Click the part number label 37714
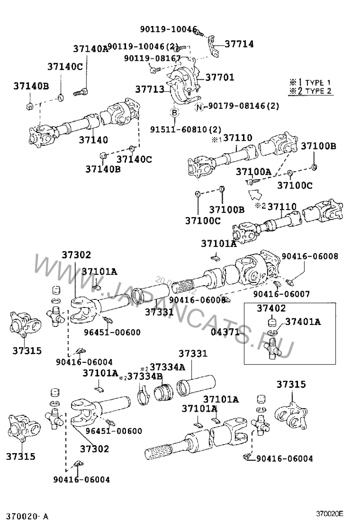239,44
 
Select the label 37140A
90,49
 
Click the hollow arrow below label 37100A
255,195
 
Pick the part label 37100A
254,172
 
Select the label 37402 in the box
272,308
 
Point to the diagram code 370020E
329,513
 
